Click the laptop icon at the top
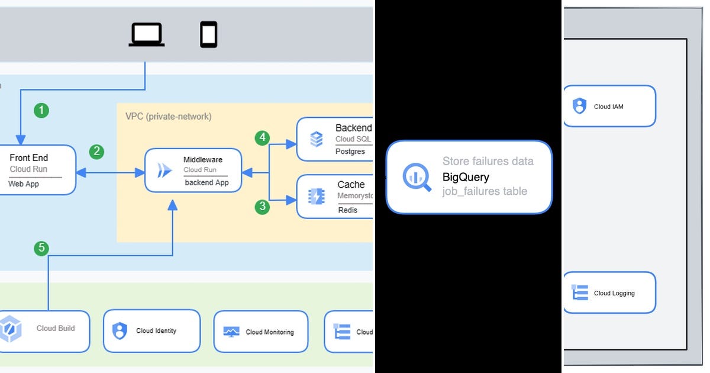(147, 34)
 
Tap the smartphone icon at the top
(208, 34)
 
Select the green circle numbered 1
(41, 110)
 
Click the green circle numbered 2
(96, 152)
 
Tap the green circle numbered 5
(41, 248)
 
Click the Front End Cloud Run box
(35, 171)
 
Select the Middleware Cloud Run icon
(164, 171)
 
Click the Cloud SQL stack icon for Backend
(317, 139)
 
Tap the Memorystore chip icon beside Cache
(317, 197)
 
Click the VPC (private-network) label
(168, 117)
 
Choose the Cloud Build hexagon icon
(11, 329)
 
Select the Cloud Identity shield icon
(120, 330)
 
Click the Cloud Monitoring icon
(231, 332)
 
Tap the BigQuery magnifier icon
(417, 177)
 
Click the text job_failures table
(485, 191)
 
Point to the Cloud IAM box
(609, 107)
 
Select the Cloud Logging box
(609, 292)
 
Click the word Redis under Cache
(348, 210)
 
